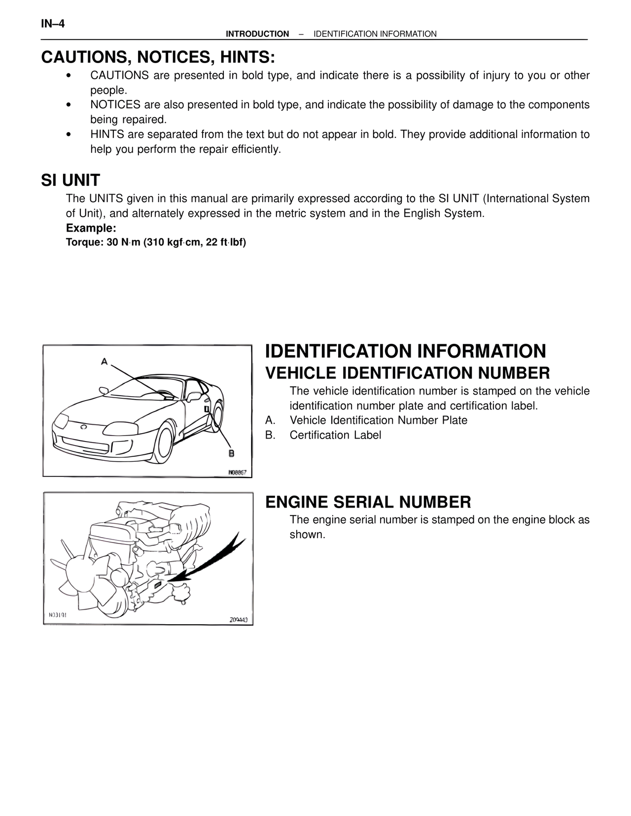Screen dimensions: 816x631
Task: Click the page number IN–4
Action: [53, 24]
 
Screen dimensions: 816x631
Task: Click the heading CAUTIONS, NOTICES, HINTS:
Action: [158, 57]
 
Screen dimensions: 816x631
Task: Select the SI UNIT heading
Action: [70, 180]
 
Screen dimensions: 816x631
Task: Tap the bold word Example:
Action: [91, 228]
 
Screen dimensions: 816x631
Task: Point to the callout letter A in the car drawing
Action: [104, 362]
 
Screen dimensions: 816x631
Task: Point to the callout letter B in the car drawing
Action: [231, 453]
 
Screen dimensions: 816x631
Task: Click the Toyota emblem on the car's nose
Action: [84, 427]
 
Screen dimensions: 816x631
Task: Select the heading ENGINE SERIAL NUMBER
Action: [368, 502]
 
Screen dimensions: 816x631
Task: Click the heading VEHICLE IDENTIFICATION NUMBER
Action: [407, 373]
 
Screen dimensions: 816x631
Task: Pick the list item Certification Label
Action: [335, 435]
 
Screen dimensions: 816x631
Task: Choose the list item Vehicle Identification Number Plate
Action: [378, 420]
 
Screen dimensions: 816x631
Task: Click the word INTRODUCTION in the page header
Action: [257, 34]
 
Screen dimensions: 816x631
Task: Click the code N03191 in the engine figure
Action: [58, 615]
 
